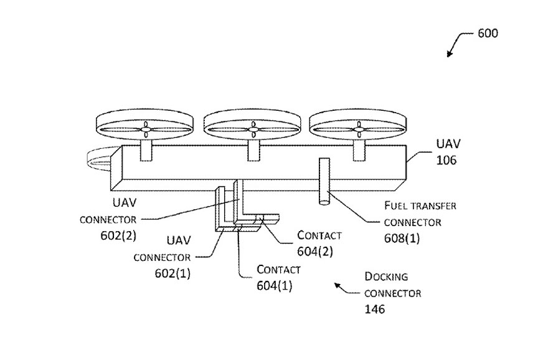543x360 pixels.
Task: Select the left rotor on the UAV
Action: coord(145,128)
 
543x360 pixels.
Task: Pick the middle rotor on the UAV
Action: coord(252,128)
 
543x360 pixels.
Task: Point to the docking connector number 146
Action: coord(375,308)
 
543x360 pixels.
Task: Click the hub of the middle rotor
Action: coord(252,130)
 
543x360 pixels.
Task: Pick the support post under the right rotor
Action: coord(359,149)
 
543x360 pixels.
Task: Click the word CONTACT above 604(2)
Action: coord(319,235)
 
